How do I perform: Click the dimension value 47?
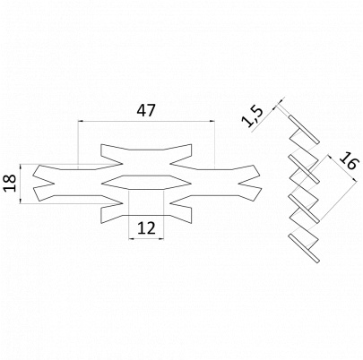pyautogui.click(x=147, y=111)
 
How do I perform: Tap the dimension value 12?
pyautogui.click(x=147, y=227)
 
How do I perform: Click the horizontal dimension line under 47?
pyautogui.click(x=147, y=123)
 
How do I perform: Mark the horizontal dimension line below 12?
pyautogui.click(x=147, y=239)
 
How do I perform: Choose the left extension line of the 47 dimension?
pyautogui.click(x=79, y=143)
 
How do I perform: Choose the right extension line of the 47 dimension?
pyautogui.click(x=215, y=143)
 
